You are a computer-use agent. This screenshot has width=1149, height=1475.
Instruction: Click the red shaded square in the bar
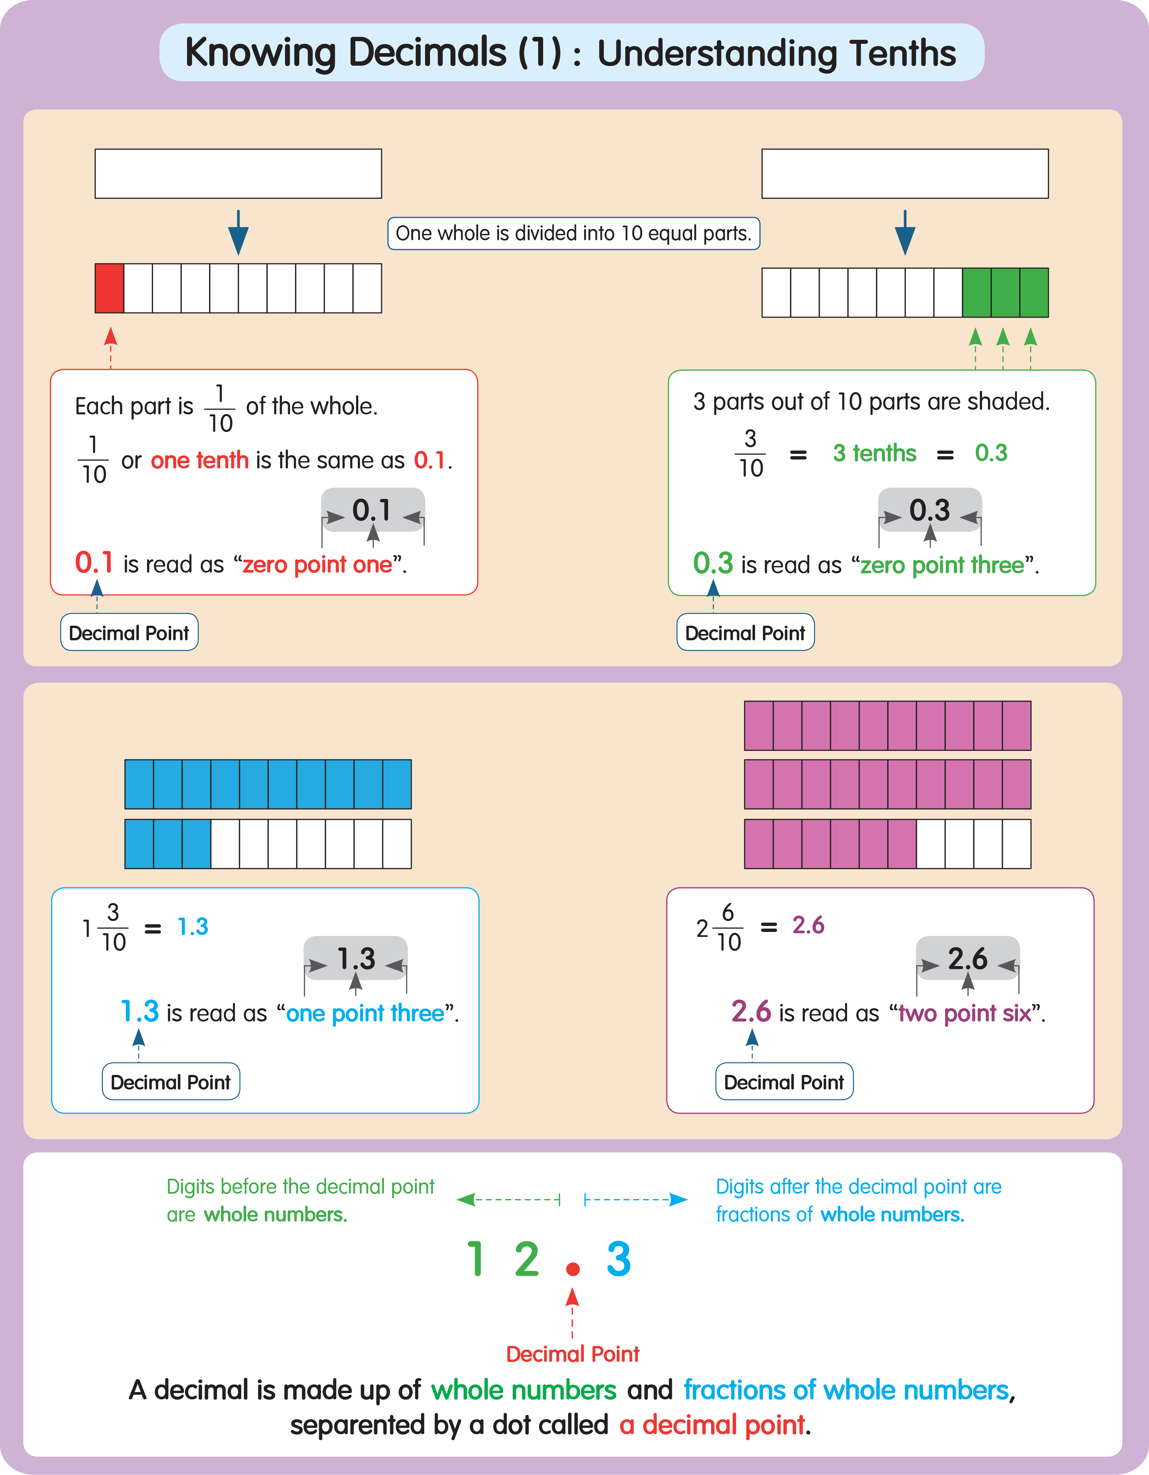[x=109, y=288]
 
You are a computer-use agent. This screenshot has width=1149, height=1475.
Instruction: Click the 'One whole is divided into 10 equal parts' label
[x=573, y=234]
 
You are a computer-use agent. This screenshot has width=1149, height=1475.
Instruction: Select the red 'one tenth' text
[x=200, y=460]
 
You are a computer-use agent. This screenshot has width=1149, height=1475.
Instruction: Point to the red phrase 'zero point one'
[x=317, y=565]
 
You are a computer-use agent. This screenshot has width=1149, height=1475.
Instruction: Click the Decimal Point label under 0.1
[x=129, y=633]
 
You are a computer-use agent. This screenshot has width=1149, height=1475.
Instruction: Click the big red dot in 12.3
[x=573, y=1270]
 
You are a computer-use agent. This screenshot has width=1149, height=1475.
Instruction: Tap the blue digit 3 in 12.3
[x=618, y=1260]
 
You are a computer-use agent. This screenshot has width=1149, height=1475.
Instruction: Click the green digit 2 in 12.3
[x=527, y=1260]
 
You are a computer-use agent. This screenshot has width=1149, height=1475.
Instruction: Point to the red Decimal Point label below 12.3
[x=573, y=1354]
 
